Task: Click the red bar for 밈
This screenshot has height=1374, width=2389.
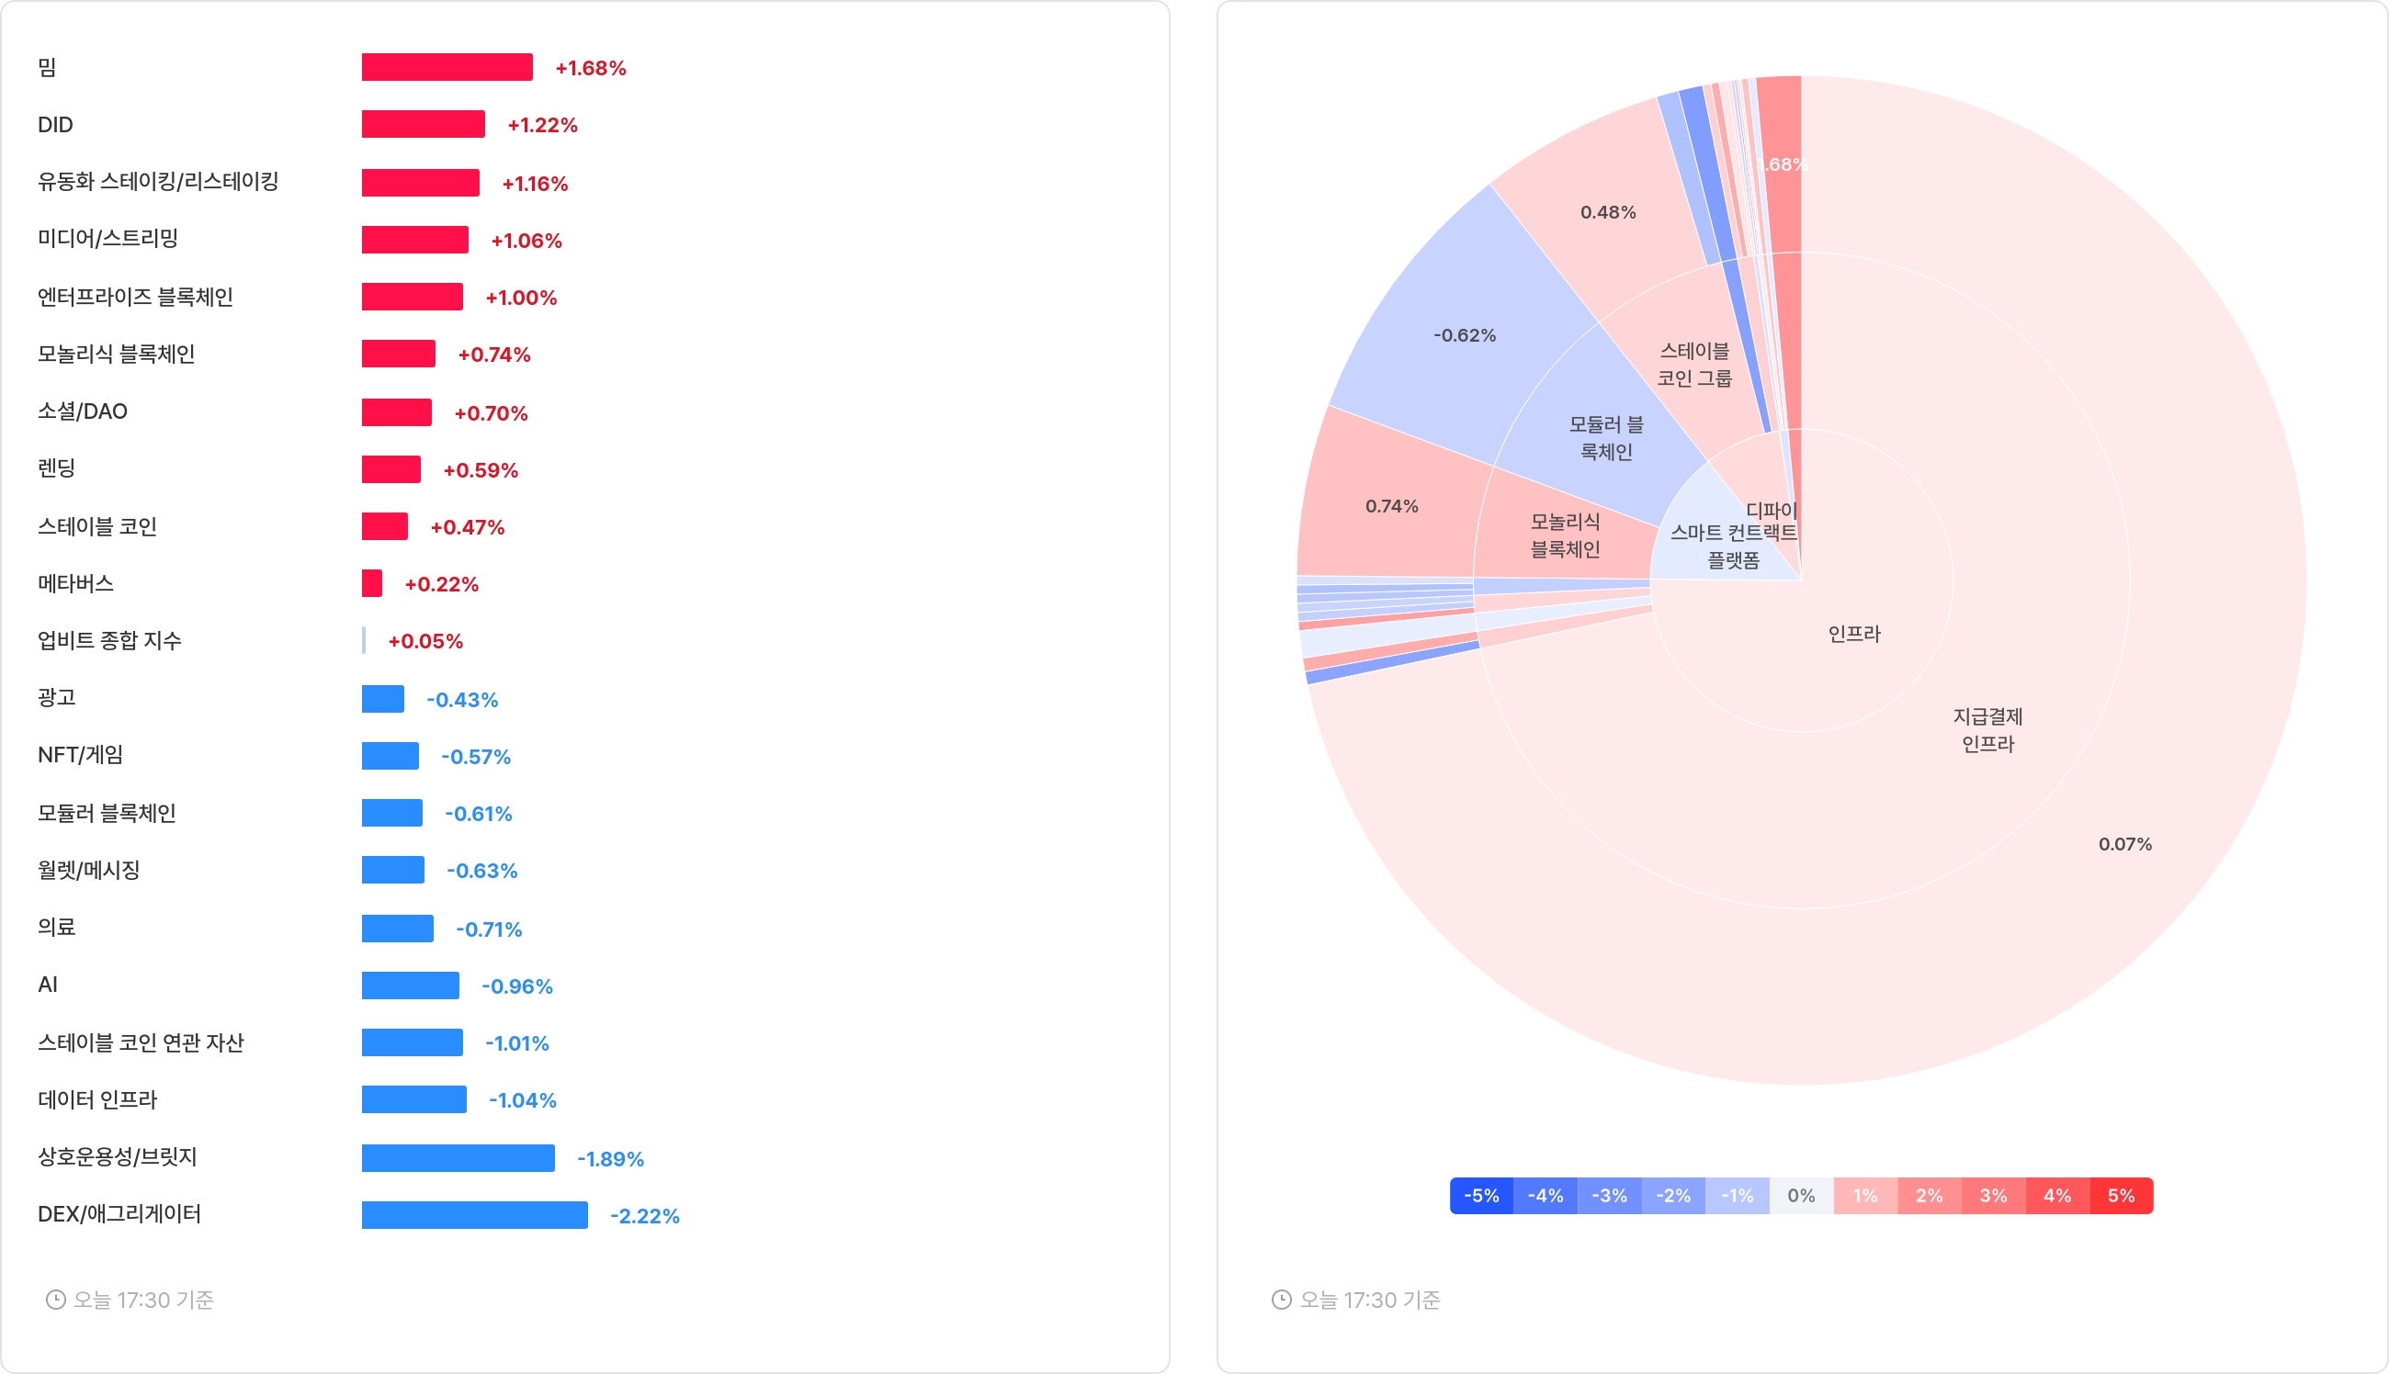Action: [x=447, y=67]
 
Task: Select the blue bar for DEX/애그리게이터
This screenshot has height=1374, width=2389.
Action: [x=474, y=1214]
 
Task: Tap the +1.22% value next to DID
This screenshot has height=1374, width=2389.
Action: [x=542, y=126]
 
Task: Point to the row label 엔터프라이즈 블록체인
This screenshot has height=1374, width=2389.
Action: [x=135, y=298]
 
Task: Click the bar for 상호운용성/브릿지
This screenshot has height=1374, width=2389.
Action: [x=458, y=1158]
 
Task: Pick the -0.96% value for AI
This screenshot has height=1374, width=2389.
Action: [x=516, y=986]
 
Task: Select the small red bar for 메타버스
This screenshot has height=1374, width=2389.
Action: [x=372, y=583]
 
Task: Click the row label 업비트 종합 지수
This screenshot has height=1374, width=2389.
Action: [x=109, y=641]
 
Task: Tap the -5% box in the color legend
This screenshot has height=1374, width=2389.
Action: [x=1481, y=1196]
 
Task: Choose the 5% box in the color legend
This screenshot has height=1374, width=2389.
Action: [x=2120, y=1196]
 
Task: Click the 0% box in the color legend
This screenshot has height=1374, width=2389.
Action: [x=1801, y=1196]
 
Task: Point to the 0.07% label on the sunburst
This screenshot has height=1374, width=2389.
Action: [x=2124, y=844]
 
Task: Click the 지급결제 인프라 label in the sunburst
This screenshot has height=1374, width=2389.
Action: [x=1987, y=730]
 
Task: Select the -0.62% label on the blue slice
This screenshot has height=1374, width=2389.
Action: [x=1464, y=335]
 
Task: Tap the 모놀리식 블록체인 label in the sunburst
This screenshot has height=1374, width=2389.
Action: [x=1564, y=535]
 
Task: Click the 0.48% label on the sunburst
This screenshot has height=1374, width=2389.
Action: [x=1607, y=212]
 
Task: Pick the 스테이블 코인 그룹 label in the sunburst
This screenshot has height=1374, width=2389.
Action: [x=1694, y=365]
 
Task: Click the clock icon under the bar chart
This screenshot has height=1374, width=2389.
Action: [x=56, y=1300]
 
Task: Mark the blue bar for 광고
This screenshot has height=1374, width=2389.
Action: [x=382, y=698]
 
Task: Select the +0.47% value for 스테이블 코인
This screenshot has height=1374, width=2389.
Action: [x=467, y=526]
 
